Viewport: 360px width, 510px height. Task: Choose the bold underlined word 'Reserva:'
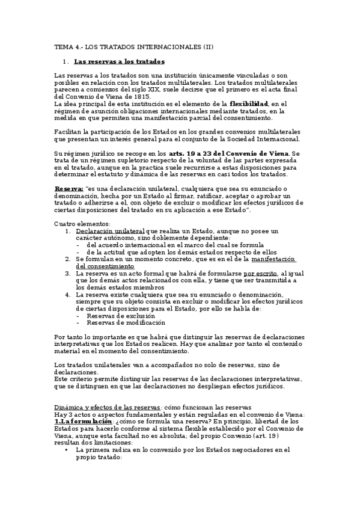tap(69, 189)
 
